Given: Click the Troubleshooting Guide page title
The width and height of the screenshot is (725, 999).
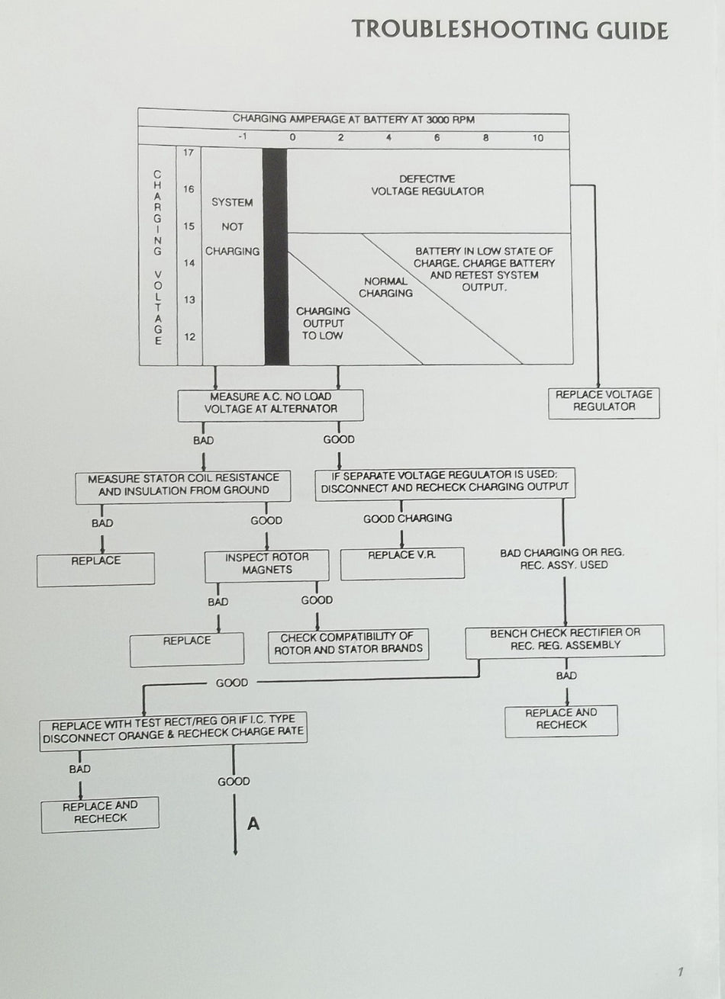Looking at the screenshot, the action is tap(510, 31).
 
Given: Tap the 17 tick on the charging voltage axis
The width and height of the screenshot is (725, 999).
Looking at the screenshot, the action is tap(188, 153).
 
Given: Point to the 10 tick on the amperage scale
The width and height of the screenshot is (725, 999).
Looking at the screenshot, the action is tap(538, 138).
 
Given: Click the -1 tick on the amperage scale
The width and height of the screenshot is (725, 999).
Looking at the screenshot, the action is tap(243, 136).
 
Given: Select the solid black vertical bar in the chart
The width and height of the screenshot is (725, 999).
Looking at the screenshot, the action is tap(275, 256).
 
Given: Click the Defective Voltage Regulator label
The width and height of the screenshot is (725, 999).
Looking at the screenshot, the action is tap(427, 185).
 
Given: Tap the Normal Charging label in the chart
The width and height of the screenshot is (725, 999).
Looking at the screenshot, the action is tap(385, 287).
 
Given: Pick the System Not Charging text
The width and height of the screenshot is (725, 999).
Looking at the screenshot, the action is tap(232, 226).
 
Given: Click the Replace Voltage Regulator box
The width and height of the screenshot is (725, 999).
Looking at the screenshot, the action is tap(604, 403).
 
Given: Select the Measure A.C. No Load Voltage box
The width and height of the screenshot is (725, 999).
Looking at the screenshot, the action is tap(270, 406).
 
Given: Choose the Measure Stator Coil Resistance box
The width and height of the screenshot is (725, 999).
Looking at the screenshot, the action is tap(183, 487).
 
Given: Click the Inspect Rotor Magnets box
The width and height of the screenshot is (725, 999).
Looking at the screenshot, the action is tap(267, 566).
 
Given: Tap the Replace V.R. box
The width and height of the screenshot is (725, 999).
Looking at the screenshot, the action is tap(402, 564).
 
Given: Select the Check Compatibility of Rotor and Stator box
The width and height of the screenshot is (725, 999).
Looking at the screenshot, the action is tap(349, 645).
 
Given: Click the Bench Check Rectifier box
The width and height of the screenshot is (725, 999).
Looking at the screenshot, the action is tap(565, 641).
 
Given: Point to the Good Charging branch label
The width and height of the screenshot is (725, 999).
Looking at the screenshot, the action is tap(408, 519).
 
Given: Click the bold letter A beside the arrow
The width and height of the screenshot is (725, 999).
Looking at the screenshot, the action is tap(253, 824).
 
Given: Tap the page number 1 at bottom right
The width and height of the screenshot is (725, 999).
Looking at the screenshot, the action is tap(681, 972).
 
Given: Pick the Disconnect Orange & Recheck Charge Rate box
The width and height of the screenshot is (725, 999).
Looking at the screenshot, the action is tap(173, 731).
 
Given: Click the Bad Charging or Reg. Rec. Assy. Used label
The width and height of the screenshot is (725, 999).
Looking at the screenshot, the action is tap(562, 558).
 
